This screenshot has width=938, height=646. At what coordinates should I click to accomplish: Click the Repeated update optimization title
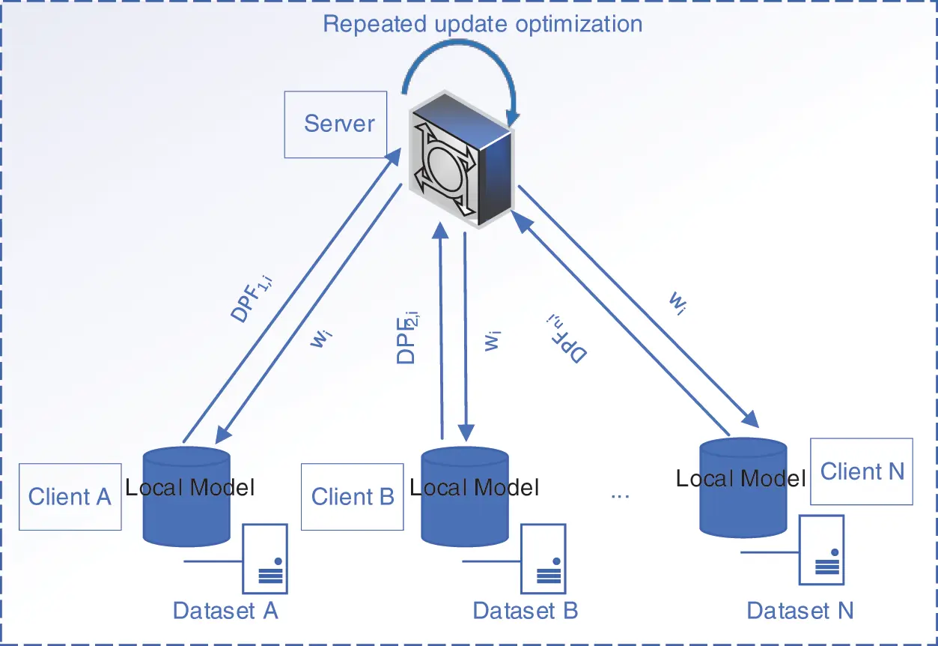(x=482, y=23)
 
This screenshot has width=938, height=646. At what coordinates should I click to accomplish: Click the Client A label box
(x=70, y=496)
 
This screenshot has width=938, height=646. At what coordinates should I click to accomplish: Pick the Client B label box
(x=352, y=496)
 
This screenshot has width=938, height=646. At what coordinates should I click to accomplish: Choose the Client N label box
(x=862, y=471)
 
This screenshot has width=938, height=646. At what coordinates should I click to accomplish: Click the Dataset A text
(x=225, y=611)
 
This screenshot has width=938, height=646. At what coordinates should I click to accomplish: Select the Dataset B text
(x=526, y=611)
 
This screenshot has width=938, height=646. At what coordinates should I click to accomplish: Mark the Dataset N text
(x=800, y=611)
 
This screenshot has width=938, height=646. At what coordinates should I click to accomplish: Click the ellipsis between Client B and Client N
(x=621, y=495)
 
